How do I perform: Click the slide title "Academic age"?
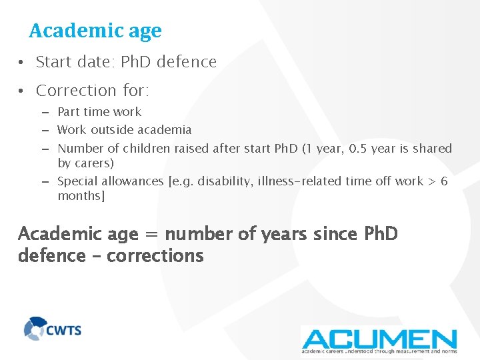95,31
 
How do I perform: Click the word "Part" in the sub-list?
70,112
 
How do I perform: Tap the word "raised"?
191,148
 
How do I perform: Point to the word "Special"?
77,181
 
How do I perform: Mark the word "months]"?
82,196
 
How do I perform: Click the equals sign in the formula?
151,235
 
